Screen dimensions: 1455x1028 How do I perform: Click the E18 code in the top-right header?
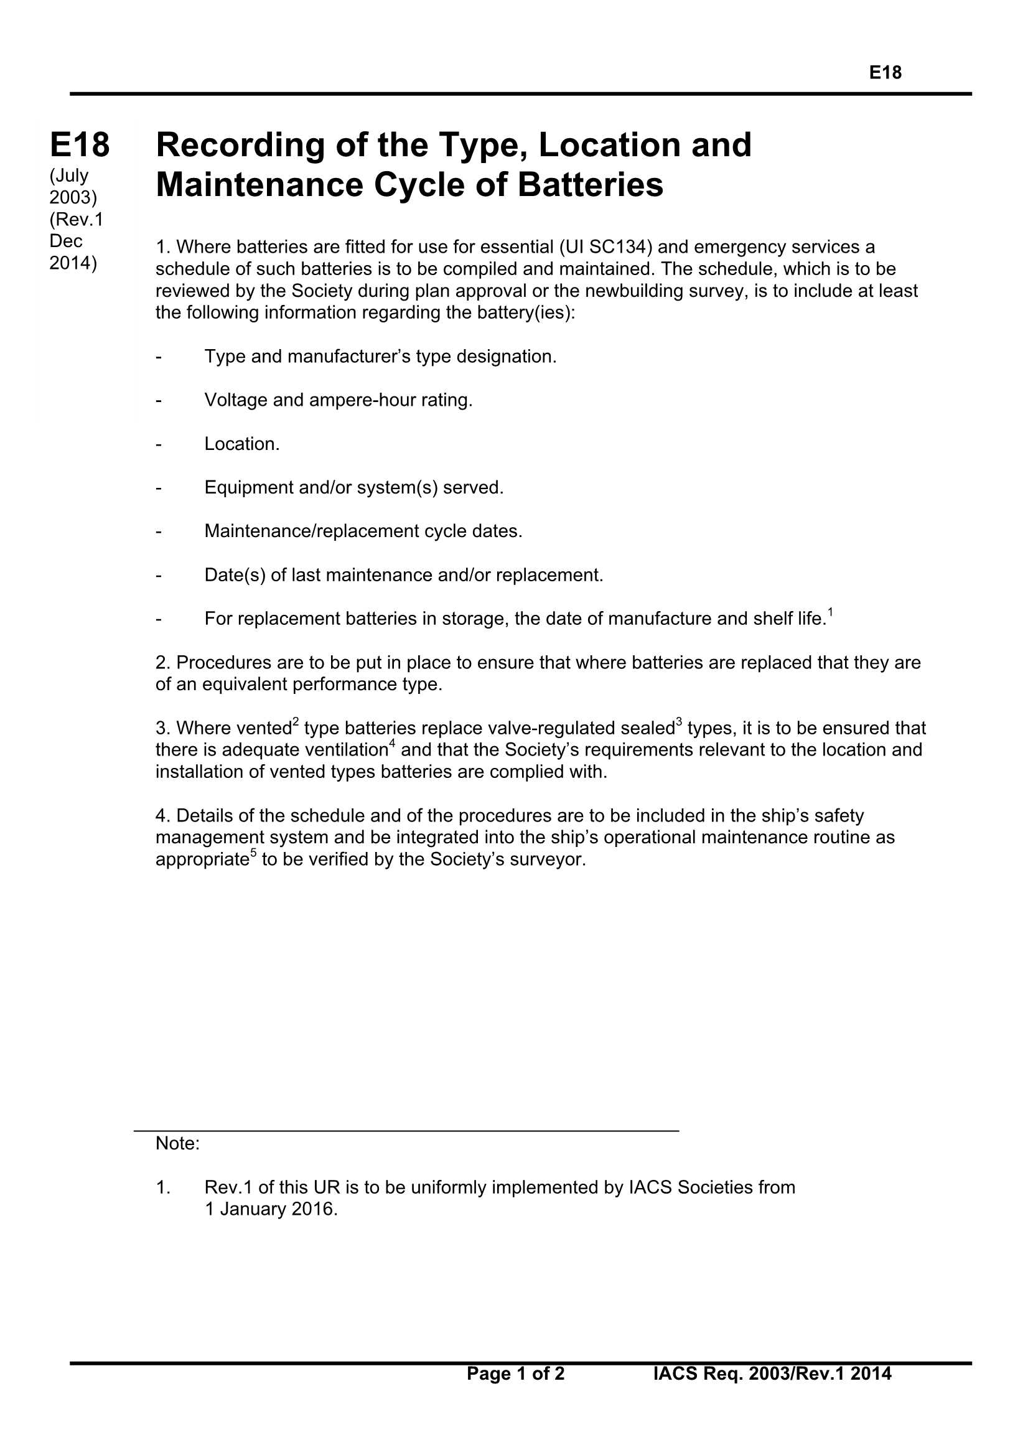point(885,73)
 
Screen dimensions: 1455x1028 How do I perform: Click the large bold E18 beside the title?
point(80,144)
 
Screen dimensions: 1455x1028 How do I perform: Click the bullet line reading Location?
point(241,444)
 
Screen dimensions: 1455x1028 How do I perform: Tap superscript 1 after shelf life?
point(830,612)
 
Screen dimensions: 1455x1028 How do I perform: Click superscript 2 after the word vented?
point(296,721)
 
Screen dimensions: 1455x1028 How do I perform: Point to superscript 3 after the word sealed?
point(679,721)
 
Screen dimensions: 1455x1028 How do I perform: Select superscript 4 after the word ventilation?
point(392,742)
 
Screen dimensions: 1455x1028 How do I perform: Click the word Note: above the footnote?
point(177,1143)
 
